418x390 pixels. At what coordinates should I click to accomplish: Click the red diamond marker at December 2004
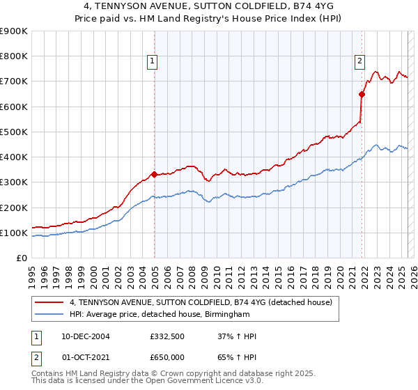coord(154,174)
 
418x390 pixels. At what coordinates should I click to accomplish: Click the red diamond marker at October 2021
coord(362,94)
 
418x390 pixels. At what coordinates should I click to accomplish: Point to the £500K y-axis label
coord(14,132)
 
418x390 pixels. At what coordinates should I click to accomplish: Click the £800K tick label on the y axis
coord(14,56)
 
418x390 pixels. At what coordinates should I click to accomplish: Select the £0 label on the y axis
coord(22,258)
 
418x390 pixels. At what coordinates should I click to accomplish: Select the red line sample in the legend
coord(49,303)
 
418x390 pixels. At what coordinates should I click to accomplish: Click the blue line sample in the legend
coord(49,315)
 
